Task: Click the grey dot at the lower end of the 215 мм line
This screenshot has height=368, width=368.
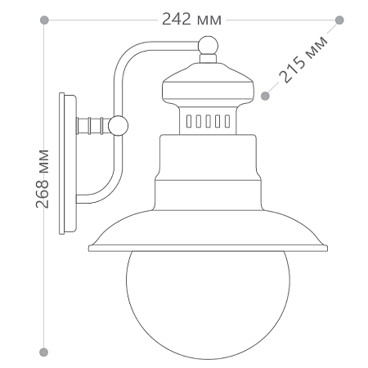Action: [x=265, y=96]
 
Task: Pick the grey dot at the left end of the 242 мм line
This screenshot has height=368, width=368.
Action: [x=44, y=19]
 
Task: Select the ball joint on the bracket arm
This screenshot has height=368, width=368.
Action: [x=119, y=125]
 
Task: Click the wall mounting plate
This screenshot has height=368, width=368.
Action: [x=67, y=166]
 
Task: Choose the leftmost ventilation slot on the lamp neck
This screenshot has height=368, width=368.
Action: [x=190, y=122]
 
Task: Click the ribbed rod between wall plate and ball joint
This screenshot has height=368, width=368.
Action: [x=92, y=125]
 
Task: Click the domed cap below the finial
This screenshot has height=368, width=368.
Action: [x=209, y=82]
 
